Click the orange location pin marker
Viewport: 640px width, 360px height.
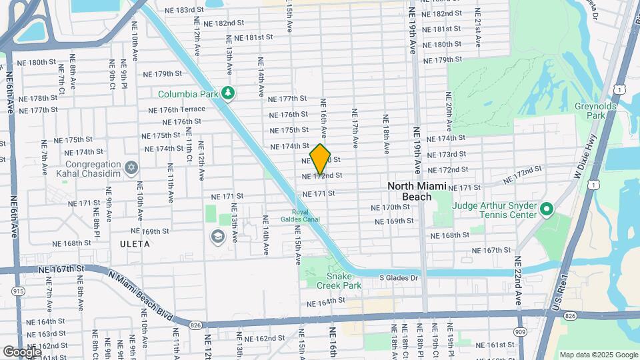click(x=321, y=159)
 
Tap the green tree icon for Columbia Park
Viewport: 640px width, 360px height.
click(x=229, y=93)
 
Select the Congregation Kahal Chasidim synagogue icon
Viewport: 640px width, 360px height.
click(x=131, y=165)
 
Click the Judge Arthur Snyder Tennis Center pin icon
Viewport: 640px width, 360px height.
click(x=547, y=210)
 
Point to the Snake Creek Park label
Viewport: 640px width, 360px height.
click(x=343, y=281)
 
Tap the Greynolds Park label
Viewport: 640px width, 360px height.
click(x=591, y=111)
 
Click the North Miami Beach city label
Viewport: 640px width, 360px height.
click(x=419, y=191)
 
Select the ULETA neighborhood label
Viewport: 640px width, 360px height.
click(x=131, y=243)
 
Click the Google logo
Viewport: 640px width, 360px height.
click(x=21, y=351)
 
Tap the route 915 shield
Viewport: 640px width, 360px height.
click(x=18, y=291)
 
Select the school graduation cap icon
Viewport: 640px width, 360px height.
click(x=217, y=236)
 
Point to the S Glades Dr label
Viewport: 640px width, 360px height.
click(x=398, y=277)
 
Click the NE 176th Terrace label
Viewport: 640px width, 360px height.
click(x=182, y=109)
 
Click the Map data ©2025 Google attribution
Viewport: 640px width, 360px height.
click(x=598, y=355)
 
